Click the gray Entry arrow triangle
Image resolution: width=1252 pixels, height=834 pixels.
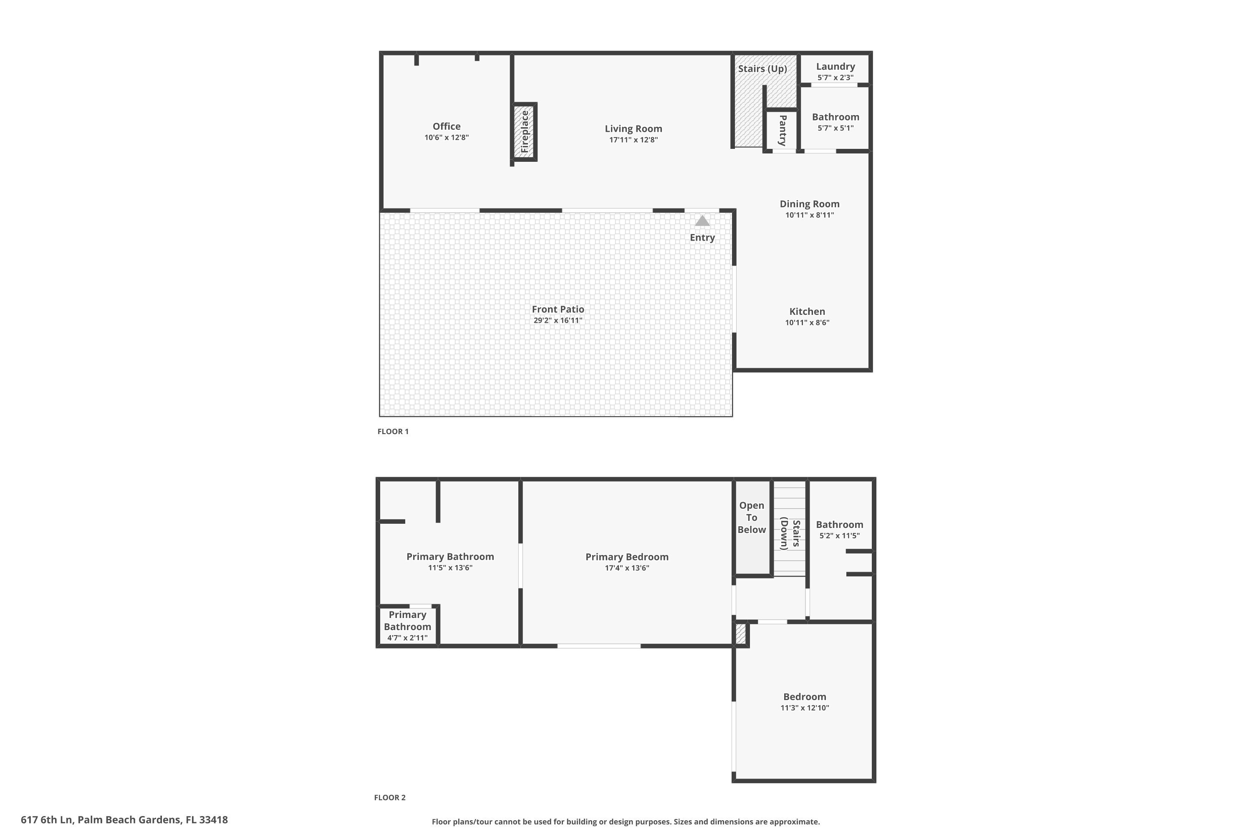[702, 221]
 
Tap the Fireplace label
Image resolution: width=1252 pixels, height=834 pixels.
[525, 131]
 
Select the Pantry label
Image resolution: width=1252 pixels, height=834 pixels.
[782, 130]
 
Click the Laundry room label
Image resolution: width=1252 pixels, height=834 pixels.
[835, 66]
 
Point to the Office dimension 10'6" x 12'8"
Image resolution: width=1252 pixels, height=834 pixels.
[447, 137]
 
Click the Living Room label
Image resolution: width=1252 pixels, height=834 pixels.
[634, 129]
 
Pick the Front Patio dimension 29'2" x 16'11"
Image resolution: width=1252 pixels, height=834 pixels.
[558, 320]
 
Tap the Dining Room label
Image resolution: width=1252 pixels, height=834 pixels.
[810, 204]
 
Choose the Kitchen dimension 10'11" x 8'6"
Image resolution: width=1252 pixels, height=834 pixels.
[807, 322]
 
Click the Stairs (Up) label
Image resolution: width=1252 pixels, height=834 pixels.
[762, 69]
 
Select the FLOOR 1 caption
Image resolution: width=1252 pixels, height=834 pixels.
[393, 431]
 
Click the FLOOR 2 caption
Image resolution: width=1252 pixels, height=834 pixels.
[390, 797]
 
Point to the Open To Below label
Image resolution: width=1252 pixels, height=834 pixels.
[752, 517]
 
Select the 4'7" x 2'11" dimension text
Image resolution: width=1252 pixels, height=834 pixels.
[407, 638]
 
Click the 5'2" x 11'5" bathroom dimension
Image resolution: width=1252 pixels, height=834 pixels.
[839, 535]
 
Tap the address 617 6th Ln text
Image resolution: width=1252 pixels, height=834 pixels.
[124, 820]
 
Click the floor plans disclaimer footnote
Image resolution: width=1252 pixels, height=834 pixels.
[626, 822]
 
